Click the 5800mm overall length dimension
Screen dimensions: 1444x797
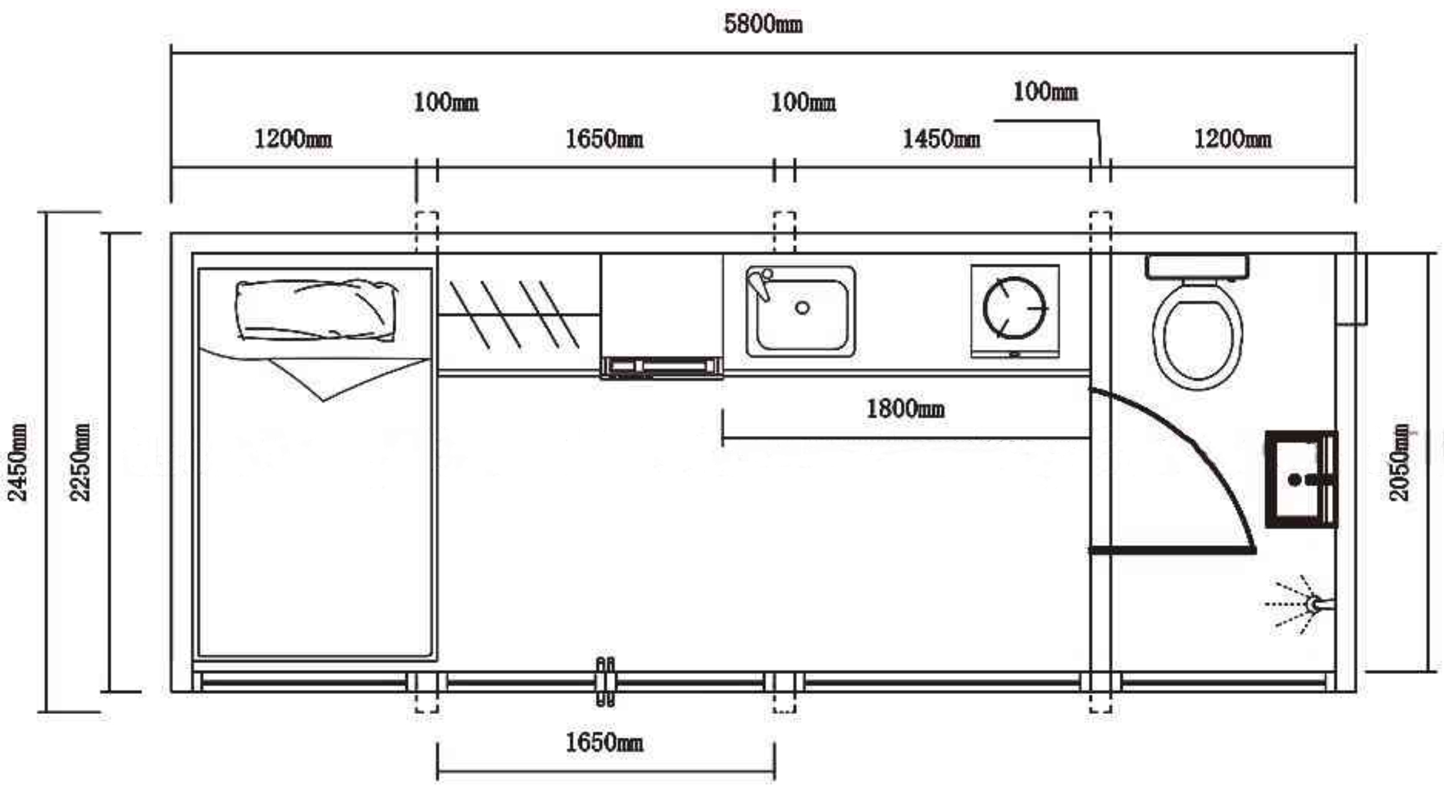click(x=763, y=24)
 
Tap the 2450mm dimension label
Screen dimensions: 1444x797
click(x=18, y=462)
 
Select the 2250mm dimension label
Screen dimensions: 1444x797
click(x=80, y=462)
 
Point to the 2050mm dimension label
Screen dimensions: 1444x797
click(x=1399, y=462)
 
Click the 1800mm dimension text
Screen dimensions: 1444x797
click(x=905, y=409)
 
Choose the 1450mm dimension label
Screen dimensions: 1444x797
click(x=941, y=139)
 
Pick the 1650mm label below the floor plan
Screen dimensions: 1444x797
click(x=604, y=743)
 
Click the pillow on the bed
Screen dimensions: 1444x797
click(x=316, y=310)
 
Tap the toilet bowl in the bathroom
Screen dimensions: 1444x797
click(x=1197, y=335)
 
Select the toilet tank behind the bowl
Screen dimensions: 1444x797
click(x=1197, y=267)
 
